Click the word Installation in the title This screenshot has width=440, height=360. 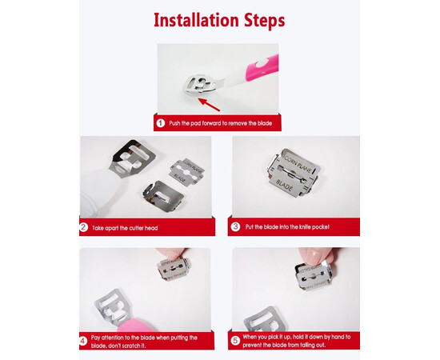pyautogui.click(x=196, y=20)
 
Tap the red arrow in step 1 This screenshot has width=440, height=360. pyautogui.click(x=209, y=104)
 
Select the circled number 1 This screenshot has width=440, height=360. pyautogui.click(x=161, y=123)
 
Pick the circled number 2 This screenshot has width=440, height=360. pyautogui.click(x=84, y=227)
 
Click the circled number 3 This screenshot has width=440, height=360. pyautogui.click(x=235, y=226)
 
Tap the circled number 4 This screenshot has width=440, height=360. pyautogui.click(x=83, y=342)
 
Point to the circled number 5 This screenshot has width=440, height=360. pyautogui.click(x=235, y=341)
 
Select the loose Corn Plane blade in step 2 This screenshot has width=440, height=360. pyautogui.click(x=186, y=172)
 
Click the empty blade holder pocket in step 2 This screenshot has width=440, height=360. pyautogui.click(x=162, y=194)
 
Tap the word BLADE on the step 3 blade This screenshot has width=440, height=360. pyautogui.click(x=285, y=185)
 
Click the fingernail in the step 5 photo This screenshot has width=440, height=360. pyautogui.click(x=313, y=256)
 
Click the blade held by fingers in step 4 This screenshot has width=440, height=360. pyautogui.click(x=173, y=270)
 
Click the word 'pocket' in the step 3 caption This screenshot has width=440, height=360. pyautogui.click(x=321, y=226)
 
